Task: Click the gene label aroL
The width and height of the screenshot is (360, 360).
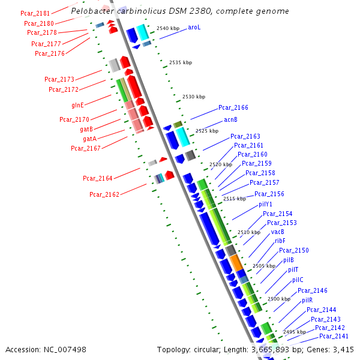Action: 194,27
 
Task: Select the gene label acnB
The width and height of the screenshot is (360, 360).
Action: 231,119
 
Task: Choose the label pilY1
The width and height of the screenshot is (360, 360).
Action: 266,204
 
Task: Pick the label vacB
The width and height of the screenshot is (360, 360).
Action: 278,232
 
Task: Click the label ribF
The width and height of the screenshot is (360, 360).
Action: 280,241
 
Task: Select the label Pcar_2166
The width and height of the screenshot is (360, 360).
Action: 233,107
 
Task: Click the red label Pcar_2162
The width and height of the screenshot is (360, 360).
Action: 104,194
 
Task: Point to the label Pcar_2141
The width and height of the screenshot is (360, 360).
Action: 334,337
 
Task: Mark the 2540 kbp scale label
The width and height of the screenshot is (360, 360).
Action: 168,28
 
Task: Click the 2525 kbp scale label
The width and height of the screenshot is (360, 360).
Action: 206,131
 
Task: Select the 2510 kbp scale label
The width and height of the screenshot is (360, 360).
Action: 249,232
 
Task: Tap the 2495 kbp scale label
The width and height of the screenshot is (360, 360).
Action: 295,332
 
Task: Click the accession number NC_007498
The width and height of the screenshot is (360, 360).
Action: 66,349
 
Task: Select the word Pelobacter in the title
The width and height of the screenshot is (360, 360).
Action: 91,11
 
